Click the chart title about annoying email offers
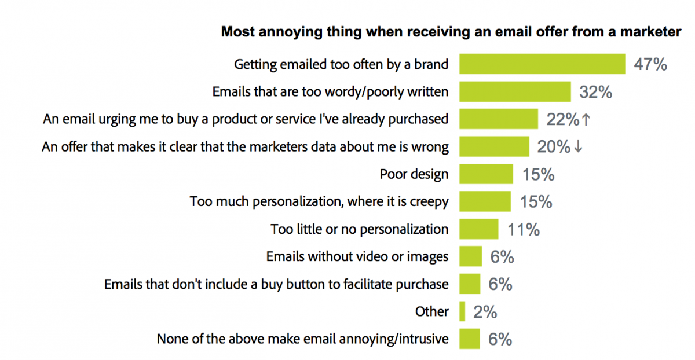pyautogui.click(x=451, y=32)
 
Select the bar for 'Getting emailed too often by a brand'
pyautogui.click(x=542, y=64)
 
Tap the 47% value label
pyautogui.click(x=650, y=64)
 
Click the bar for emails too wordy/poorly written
pyautogui.click(x=515, y=91)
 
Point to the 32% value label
pyautogui.click(x=595, y=92)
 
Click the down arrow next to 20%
pyautogui.click(x=577, y=147)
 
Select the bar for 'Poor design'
pyautogui.click(x=486, y=174)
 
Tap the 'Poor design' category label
pyautogui.click(x=414, y=174)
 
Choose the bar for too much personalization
pyautogui.click(x=485, y=201)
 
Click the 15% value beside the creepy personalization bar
pyautogui.click(x=536, y=202)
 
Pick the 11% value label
pyautogui.click(x=524, y=229)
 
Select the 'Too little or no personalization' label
pyautogui.click(x=359, y=229)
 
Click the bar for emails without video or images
pyautogui.click(x=470, y=256)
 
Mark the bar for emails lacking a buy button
pyautogui.click(x=470, y=284)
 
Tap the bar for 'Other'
pyautogui.click(x=462, y=311)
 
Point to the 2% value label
pyautogui.click(x=485, y=312)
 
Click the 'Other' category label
pyautogui.click(x=431, y=311)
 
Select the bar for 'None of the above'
pyautogui.click(x=470, y=339)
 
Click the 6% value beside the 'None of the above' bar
pyautogui.click(x=500, y=339)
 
